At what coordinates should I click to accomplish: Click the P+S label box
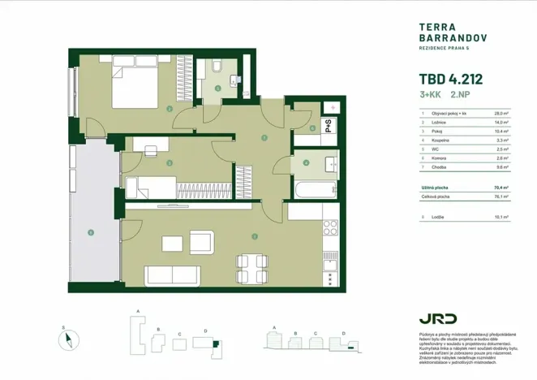(x=329, y=125)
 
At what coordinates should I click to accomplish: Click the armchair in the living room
(x=201, y=242)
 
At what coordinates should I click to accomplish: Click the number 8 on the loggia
(x=92, y=233)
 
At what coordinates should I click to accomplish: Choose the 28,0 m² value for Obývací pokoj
(x=502, y=114)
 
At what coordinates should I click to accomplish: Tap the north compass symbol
(x=68, y=339)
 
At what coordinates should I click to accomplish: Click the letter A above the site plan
(x=139, y=311)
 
